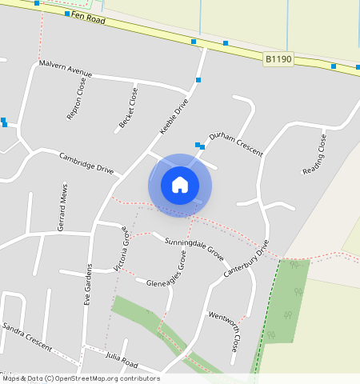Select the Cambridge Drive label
pyautogui.click(x=86, y=162)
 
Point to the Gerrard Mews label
pyautogui.click(x=63, y=207)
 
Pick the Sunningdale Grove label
pyautogui.click(x=194, y=247)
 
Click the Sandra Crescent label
pyautogui.click(x=26, y=336)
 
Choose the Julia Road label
pyautogui.click(x=122, y=358)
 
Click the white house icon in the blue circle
pyautogui.click(x=180, y=185)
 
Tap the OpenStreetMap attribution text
pyautogui.click(x=80, y=378)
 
